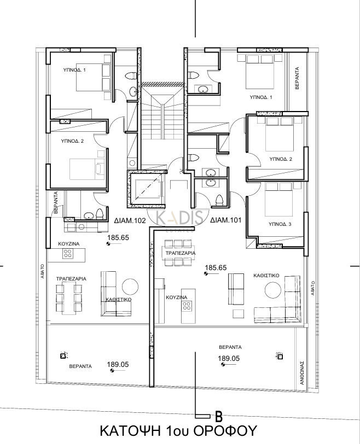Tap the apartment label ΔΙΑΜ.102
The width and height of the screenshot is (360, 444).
[130, 220]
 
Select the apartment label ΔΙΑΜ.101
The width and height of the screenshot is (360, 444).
[226, 220]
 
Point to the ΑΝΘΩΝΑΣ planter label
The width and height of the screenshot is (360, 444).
[302, 372]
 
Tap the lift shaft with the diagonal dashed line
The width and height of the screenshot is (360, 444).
[146, 189]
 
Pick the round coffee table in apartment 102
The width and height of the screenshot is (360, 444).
[130, 287]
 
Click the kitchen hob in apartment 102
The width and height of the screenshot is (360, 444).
[67, 253]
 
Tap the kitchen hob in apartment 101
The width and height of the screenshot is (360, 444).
[187, 305]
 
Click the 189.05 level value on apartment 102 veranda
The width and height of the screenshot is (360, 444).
[118, 364]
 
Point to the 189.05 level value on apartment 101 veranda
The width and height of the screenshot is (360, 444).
[229, 358]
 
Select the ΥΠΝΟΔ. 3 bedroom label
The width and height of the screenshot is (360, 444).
[280, 224]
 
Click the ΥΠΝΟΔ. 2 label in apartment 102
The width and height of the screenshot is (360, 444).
[72, 141]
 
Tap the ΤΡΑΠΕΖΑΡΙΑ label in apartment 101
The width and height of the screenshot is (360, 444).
[181, 253]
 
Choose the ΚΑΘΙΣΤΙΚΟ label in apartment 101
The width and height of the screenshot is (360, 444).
[266, 275]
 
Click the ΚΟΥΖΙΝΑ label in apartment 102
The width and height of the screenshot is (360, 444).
[69, 244]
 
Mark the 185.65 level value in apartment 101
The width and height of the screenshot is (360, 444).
[216, 267]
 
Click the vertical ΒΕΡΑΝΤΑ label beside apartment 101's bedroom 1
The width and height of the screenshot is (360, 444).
[297, 78]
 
